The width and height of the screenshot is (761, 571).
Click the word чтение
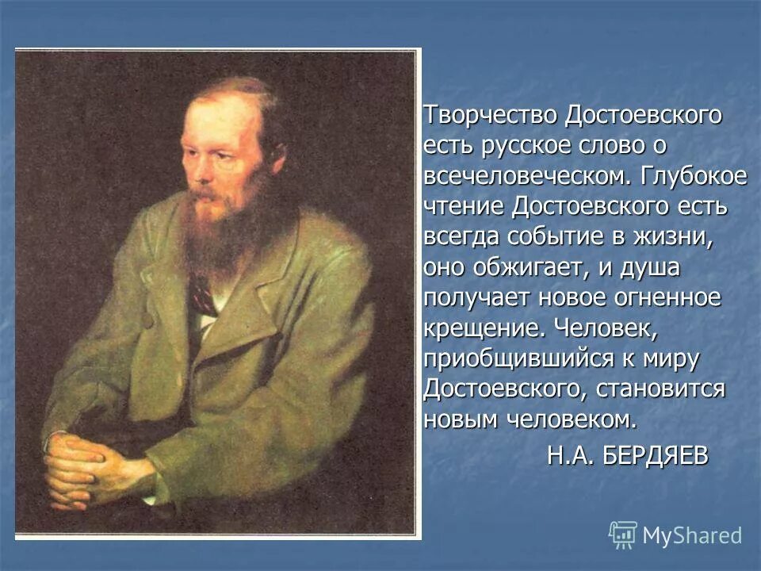(x=463, y=207)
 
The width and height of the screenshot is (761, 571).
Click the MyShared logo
(x=675, y=535)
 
